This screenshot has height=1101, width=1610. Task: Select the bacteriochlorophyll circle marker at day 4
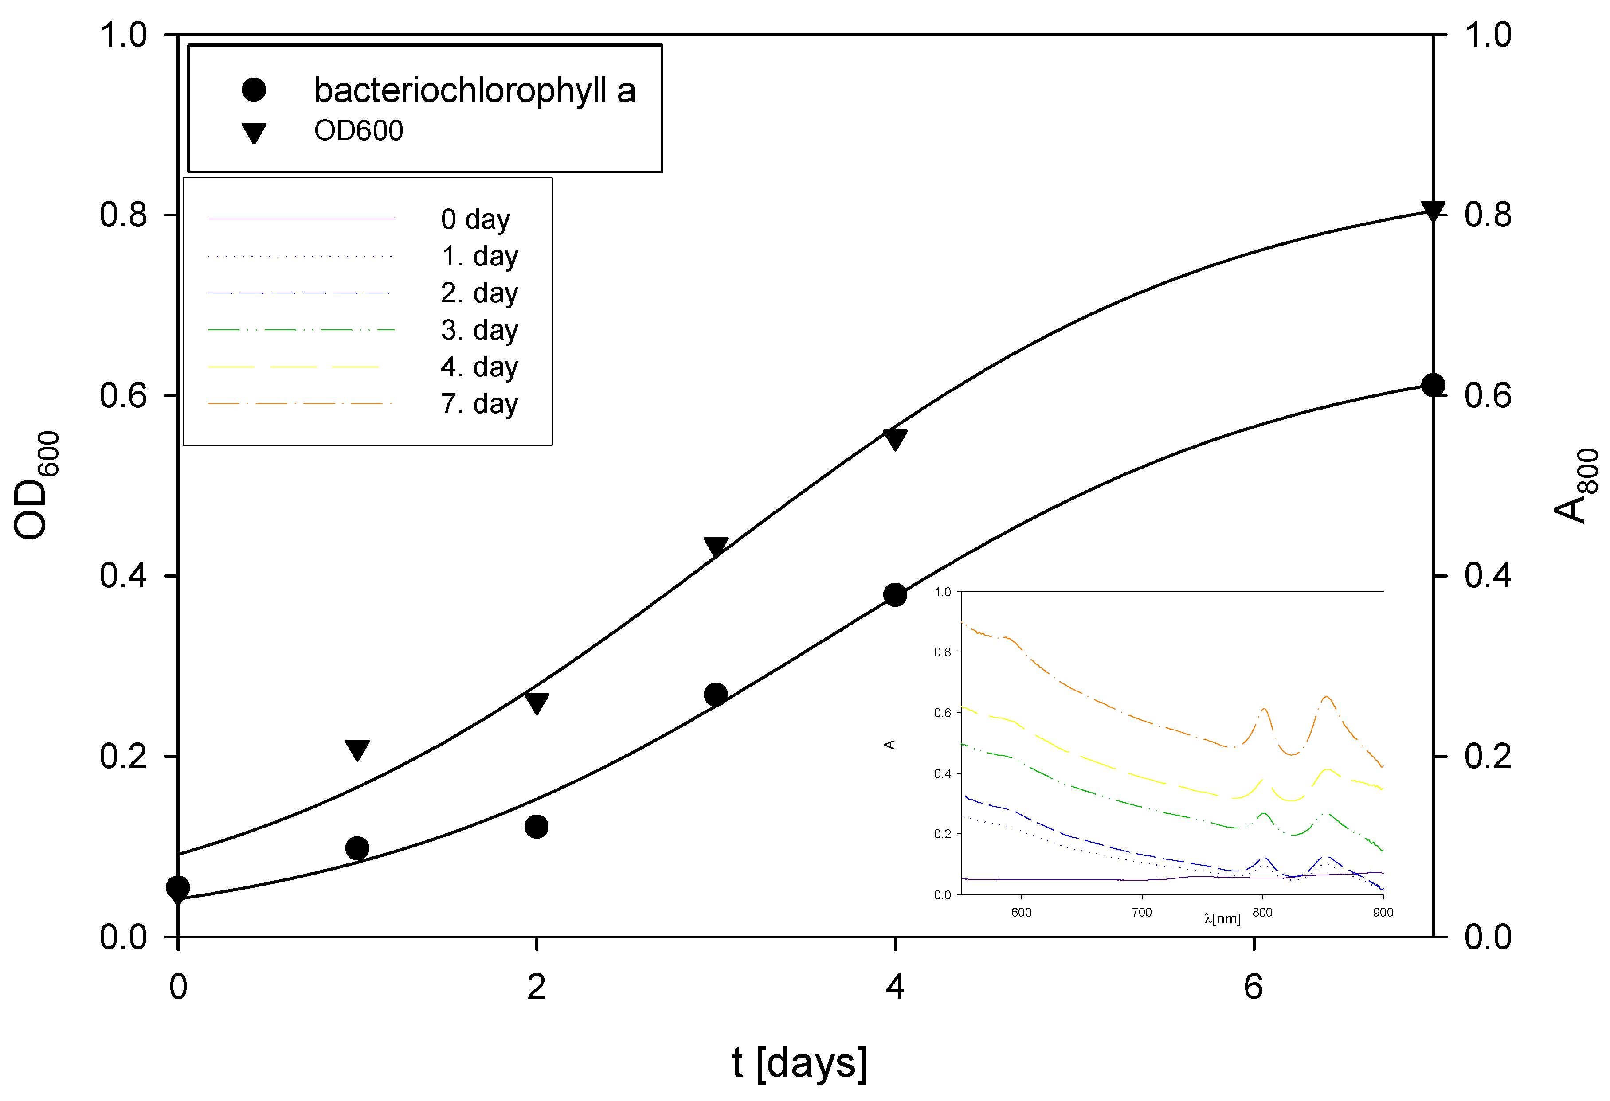(x=895, y=595)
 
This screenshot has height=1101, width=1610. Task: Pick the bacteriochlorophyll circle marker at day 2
(x=536, y=826)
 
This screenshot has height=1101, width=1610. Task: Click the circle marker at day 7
(x=1433, y=385)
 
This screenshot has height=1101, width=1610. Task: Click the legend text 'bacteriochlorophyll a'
(x=474, y=90)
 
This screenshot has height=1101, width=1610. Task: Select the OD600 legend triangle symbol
(x=254, y=132)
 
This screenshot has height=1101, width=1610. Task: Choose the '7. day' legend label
(x=479, y=404)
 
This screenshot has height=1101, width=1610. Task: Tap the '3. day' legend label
(x=479, y=330)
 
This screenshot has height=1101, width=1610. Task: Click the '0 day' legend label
(x=475, y=219)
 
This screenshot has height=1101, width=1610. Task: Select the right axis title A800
(x=1575, y=485)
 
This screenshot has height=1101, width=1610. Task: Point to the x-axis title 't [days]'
(x=799, y=1063)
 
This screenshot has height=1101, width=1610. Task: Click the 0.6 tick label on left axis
(x=123, y=395)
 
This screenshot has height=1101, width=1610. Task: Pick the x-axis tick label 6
(x=1253, y=987)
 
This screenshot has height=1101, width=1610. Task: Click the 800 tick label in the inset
(x=1262, y=912)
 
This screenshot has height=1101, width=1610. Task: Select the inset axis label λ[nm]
(x=1222, y=919)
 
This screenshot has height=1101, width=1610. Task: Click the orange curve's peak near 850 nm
(x=1326, y=697)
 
